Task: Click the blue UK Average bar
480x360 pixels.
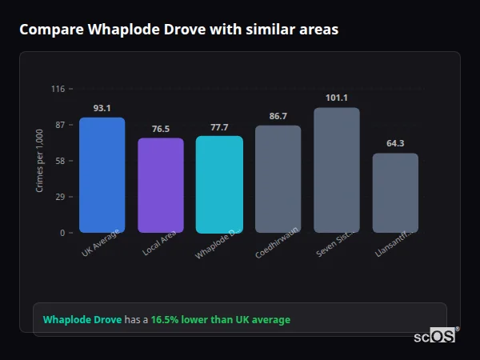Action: [x=102, y=175]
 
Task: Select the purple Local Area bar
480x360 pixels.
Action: [x=161, y=186]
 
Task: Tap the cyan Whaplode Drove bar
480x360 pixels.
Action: [x=219, y=184]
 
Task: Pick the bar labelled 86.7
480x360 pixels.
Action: [x=278, y=179]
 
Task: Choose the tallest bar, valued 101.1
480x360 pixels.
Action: [x=337, y=170]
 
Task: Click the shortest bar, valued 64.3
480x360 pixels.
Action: [x=395, y=193]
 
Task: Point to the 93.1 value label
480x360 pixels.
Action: [x=102, y=108]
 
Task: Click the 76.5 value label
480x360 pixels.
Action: [x=161, y=129]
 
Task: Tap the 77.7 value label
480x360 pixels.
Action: [x=219, y=127]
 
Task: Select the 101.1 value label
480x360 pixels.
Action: [x=337, y=98]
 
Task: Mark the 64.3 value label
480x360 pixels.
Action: [x=395, y=144]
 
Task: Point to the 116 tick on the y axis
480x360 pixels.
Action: [x=58, y=89]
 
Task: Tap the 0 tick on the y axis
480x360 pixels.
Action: [x=62, y=233]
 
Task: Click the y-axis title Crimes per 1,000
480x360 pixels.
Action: [x=40, y=161]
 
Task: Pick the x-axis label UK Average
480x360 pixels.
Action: [x=100, y=243]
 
